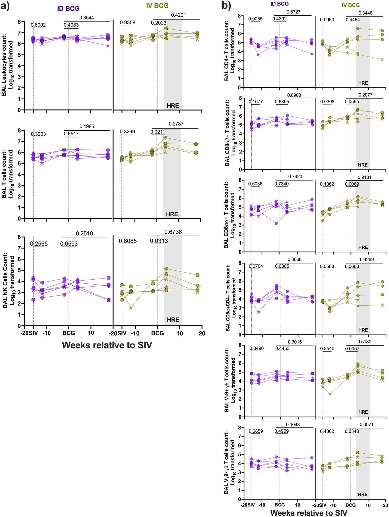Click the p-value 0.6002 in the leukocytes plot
coord(38,25)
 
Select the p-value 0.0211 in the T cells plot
coord(158,132)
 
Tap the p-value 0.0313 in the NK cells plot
coord(159,241)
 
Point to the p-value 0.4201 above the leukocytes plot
coord(178,15)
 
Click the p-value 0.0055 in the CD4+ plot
coord(255,19)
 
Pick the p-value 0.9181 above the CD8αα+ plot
coord(365,177)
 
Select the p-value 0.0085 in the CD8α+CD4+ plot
coord(282,266)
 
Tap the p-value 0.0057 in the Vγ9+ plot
coord(352,349)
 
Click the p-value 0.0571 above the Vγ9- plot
coord(366,424)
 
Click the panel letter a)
coord(5,6)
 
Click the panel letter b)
coord(226,6)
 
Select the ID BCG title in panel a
coord(68,8)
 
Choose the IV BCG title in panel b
coord(350,5)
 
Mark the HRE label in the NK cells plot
coord(173,320)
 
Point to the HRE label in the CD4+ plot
coord(363,83)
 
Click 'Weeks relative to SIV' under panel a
coord(107,345)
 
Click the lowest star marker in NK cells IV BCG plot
coord(131,308)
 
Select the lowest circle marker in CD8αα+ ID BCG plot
coord(276,224)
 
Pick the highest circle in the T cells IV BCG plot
coord(165,138)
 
